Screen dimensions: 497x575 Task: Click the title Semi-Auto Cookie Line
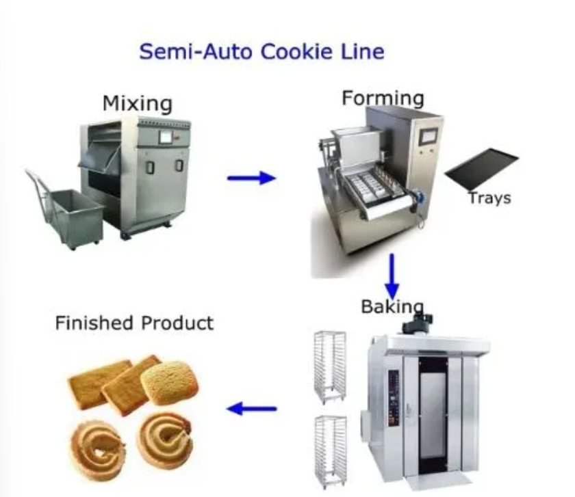[261, 51]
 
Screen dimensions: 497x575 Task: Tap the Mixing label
[137, 104]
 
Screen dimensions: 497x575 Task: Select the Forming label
[382, 98]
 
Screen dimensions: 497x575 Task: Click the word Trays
[489, 198]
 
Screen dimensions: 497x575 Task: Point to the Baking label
[392, 307]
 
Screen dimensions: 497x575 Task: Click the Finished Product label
[134, 323]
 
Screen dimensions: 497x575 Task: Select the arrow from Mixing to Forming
[251, 178]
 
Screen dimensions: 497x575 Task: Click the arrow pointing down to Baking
[392, 273]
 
